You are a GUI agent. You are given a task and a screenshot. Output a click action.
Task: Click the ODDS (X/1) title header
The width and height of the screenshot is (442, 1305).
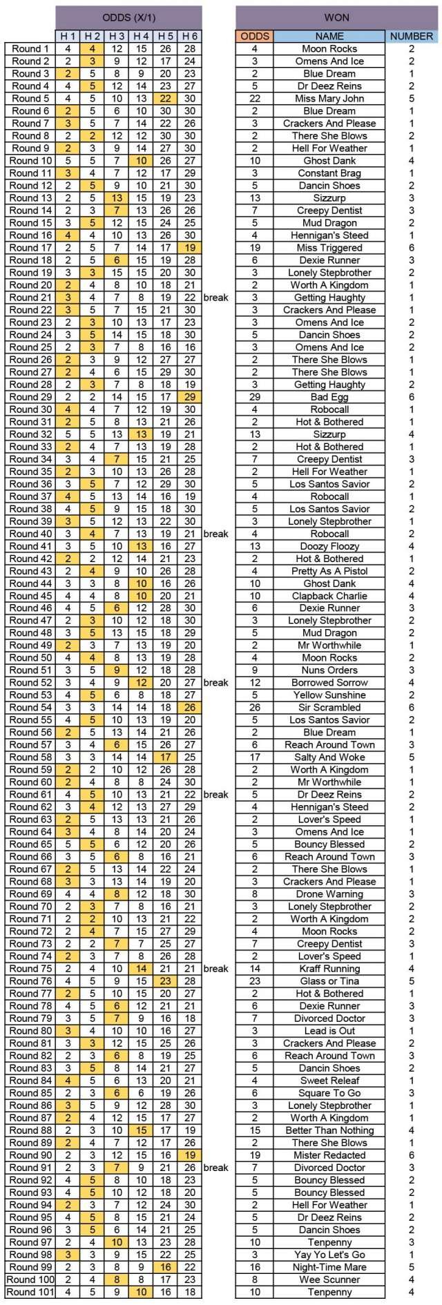coord(128,17)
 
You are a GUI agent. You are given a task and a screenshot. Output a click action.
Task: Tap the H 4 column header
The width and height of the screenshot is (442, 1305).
coord(142,36)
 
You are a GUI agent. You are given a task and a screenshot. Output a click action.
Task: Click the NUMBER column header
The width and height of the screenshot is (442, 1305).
coord(412,36)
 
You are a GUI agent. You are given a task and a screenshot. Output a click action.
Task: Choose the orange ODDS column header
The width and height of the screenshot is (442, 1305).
coord(254,36)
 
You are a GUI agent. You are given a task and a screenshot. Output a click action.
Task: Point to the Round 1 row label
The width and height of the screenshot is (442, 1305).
coord(30,49)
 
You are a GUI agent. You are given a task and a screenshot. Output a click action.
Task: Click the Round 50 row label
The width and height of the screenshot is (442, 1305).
coord(30,658)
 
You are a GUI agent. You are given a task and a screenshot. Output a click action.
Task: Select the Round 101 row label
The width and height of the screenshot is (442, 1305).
coord(30,1292)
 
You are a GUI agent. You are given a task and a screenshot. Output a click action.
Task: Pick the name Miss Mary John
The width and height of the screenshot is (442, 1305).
coord(329,99)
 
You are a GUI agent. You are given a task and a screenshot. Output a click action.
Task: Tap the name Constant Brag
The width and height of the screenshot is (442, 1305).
coord(329,173)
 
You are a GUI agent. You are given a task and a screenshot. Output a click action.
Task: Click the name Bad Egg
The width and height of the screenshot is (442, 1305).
coord(329,397)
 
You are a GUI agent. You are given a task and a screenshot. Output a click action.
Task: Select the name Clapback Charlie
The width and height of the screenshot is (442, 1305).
coord(329,596)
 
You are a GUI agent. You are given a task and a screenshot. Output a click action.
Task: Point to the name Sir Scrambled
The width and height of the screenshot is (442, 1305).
coord(329,708)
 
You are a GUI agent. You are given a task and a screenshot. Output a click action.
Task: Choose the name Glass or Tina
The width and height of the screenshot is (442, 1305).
coord(329,981)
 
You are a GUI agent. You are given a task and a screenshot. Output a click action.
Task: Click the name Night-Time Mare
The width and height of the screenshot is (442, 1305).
coord(329,1267)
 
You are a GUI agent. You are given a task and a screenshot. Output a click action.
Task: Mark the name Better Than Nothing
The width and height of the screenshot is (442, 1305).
coord(329,1130)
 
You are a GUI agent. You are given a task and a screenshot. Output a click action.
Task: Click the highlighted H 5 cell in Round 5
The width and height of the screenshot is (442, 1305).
coord(166,99)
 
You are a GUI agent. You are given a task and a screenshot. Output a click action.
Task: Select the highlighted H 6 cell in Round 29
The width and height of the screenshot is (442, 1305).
coord(190,397)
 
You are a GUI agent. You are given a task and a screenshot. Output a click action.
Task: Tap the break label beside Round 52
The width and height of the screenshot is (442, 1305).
coord(215,683)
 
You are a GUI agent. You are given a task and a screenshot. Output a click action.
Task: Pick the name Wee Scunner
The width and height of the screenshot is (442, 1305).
coord(329,1279)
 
